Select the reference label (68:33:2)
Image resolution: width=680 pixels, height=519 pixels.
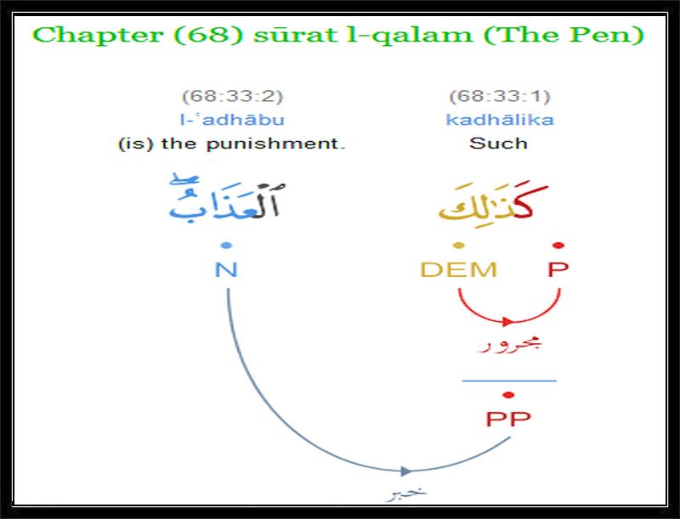(x=232, y=96)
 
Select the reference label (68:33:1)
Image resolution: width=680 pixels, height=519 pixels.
(x=500, y=96)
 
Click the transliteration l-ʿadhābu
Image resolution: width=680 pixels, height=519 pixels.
(x=232, y=120)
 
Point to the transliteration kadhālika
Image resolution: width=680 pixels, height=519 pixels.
(x=500, y=120)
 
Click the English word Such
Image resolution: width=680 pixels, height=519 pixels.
(x=498, y=144)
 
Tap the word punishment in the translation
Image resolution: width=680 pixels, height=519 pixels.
(x=275, y=144)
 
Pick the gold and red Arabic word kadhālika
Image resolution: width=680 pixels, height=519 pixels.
(x=494, y=204)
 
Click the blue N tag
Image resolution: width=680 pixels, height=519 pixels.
(x=226, y=269)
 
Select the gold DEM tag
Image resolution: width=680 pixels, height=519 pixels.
(x=458, y=269)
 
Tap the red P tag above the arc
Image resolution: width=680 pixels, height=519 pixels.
(x=558, y=269)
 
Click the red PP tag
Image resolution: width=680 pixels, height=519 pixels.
(x=508, y=419)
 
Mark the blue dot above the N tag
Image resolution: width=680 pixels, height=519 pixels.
(x=226, y=245)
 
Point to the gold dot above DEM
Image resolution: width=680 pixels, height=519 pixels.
(x=458, y=245)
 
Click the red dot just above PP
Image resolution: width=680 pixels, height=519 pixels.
(x=508, y=395)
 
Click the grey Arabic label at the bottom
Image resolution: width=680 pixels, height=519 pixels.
(x=406, y=494)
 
